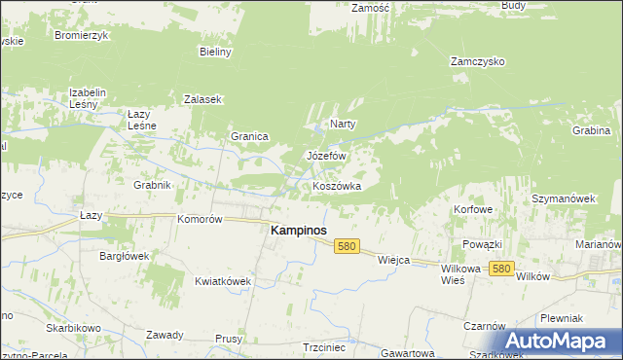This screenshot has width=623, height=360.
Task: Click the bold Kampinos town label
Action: (x=297, y=231)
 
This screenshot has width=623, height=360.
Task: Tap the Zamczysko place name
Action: (x=476, y=60)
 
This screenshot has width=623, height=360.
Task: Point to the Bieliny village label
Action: (x=215, y=52)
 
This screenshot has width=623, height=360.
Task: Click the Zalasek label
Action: (x=203, y=99)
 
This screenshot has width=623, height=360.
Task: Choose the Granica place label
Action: (x=248, y=136)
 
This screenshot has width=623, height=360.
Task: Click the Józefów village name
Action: (x=326, y=156)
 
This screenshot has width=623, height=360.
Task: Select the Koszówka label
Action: (x=337, y=185)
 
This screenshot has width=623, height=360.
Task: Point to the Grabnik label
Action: (x=152, y=184)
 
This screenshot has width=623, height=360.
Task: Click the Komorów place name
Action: (x=201, y=219)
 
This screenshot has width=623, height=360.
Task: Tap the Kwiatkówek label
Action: (x=223, y=280)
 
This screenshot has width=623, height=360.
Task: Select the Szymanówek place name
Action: (x=563, y=198)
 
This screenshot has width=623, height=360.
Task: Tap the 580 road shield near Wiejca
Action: (x=347, y=247)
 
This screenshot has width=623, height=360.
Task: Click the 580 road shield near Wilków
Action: (x=502, y=269)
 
